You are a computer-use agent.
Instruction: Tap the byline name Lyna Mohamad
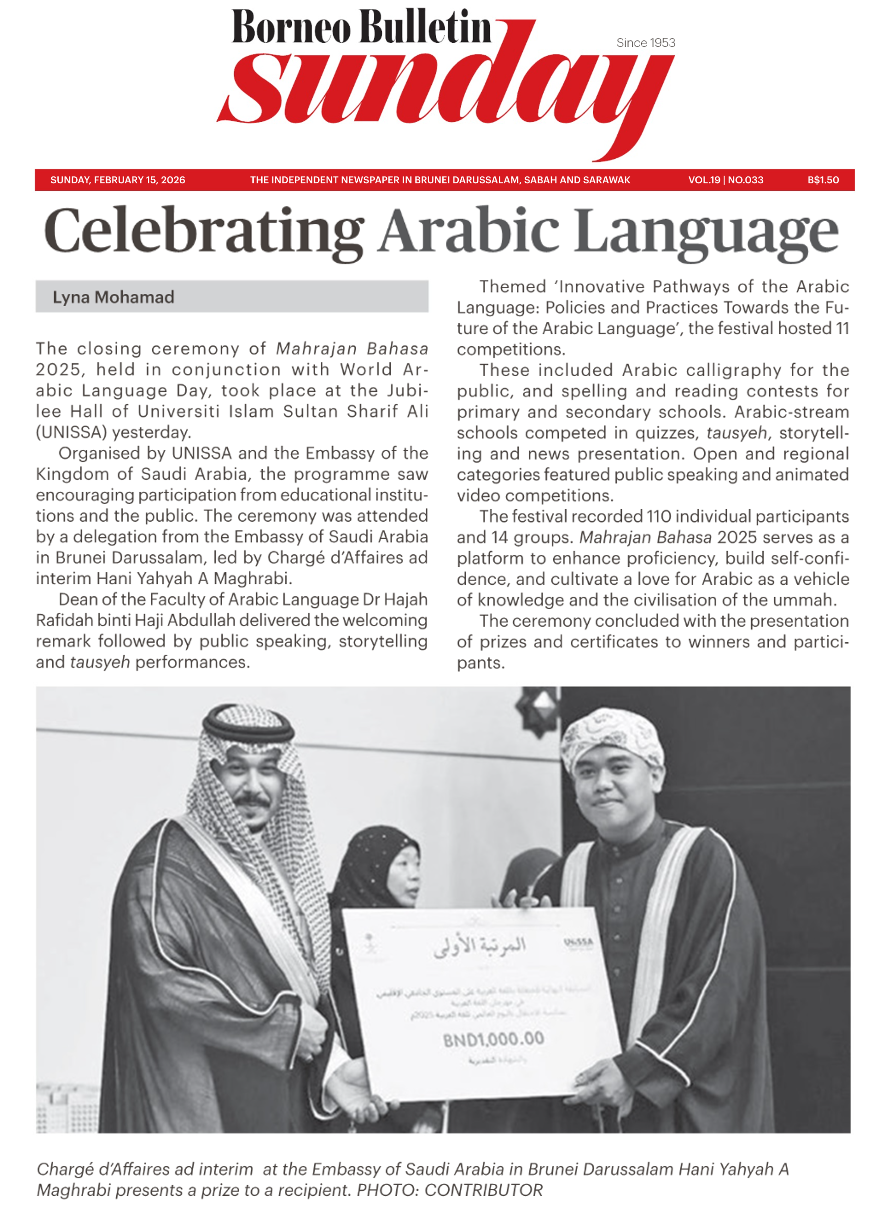(x=113, y=297)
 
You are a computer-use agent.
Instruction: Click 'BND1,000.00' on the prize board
(x=493, y=1039)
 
